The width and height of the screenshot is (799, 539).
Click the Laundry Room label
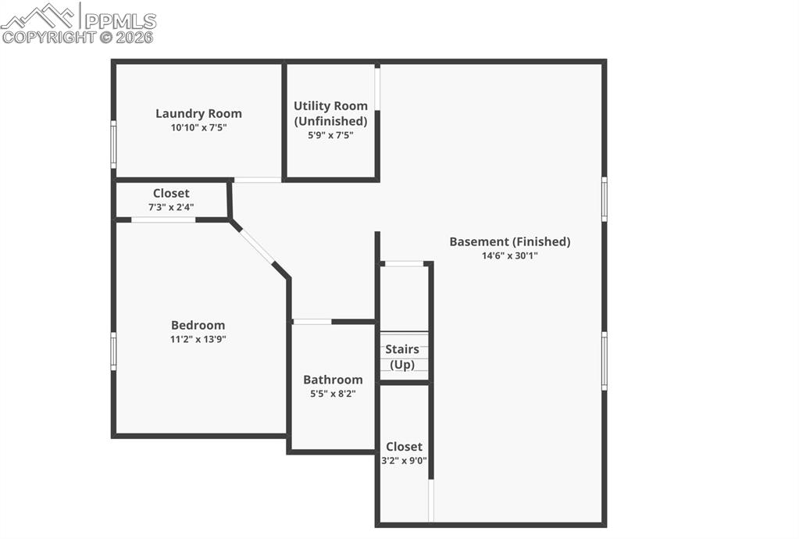pos(198,113)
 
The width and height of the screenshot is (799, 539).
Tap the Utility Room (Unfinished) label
pos(330,113)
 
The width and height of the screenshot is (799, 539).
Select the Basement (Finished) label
pos(509,241)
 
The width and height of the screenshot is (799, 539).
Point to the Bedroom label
pos(198,325)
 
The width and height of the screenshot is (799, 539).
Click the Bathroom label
pos(333,380)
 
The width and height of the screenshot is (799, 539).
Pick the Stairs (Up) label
pos(402,357)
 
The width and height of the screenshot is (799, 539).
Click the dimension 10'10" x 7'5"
pos(198,127)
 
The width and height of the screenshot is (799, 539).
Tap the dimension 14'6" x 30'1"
pos(509,255)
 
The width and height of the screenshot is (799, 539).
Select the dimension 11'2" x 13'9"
pos(198,339)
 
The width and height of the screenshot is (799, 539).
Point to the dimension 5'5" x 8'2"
pos(333,394)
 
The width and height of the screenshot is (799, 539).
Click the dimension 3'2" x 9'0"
pos(404,461)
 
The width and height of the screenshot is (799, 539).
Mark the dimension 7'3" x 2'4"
pos(171,207)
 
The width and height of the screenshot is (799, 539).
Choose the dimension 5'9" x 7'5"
pos(330,134)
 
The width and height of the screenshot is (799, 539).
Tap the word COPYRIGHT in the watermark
pos(48,37)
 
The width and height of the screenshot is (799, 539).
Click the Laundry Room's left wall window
pos(113,144)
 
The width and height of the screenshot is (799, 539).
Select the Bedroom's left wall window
pos(113,351)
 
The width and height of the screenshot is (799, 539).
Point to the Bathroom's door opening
pos(312,321)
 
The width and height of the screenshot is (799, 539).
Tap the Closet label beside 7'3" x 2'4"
pos(171,193)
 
